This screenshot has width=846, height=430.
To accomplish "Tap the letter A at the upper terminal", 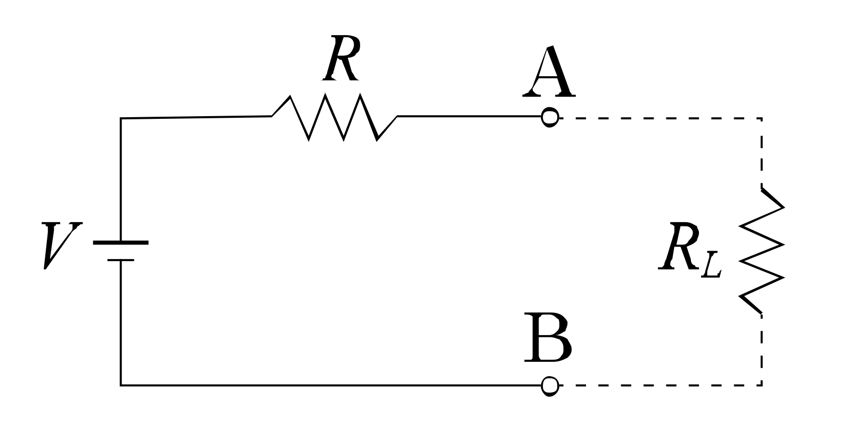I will pos(549,72).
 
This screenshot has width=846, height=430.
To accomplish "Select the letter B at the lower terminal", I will pos(548,339).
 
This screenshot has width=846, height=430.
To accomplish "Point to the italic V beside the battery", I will pos(60,245).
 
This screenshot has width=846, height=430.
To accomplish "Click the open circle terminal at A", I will pos(550,117).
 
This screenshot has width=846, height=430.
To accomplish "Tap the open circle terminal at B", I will pos(550,385).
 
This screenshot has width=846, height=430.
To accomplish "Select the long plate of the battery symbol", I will pos(121,243).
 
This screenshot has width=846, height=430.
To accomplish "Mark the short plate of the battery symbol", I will pos(121,260).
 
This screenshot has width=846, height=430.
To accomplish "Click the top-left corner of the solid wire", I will pos(121,118).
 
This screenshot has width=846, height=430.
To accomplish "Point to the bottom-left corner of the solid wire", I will pos(121,384).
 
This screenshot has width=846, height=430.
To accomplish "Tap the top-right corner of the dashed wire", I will pos(761,119).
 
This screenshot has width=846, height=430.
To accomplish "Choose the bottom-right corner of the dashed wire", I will pos(761,384).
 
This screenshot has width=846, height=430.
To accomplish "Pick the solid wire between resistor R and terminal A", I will pos(469,116).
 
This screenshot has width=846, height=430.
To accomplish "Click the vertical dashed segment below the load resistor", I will pos(762,349).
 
